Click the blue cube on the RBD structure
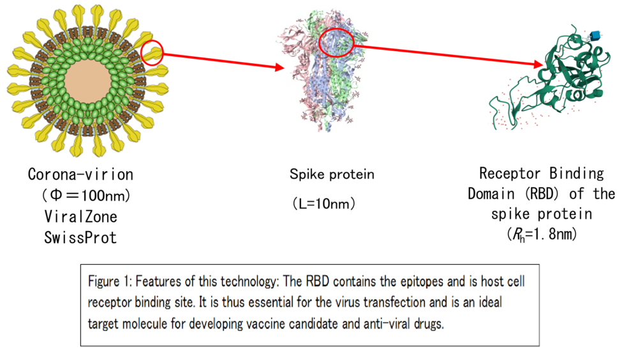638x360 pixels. [596, 36]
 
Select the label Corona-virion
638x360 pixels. [80, 174]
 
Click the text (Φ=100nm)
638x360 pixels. [86, 195]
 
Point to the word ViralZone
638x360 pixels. [80, 216]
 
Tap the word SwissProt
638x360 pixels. [80, 237]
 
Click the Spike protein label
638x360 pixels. [332, 175]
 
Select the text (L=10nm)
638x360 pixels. [324, 203]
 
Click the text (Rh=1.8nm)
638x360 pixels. [542, 234]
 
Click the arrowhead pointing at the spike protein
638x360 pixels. [279, 67]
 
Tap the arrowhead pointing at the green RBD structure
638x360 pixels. [538, 64]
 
